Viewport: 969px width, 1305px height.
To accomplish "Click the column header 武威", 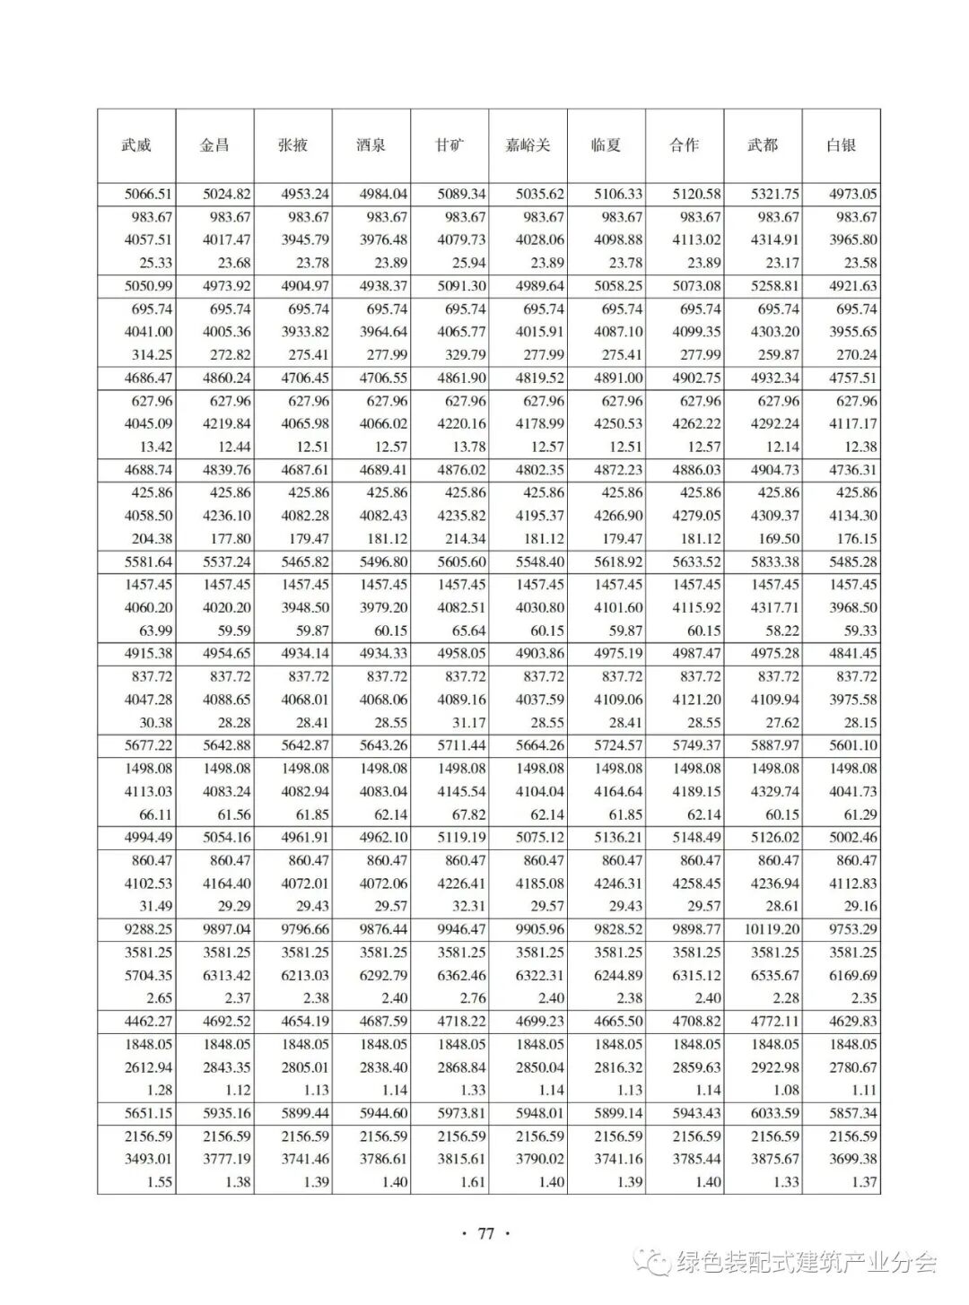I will (136, 145).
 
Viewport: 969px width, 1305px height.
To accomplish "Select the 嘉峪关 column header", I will (528, 145).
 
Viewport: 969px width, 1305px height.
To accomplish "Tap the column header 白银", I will (841, 145).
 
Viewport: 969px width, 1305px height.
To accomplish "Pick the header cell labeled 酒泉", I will (371, 145).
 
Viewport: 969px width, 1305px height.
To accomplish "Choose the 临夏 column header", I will (606, 145).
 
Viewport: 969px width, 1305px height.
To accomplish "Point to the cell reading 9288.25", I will (149, 930).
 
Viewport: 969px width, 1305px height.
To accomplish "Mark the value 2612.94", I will (149, 1067).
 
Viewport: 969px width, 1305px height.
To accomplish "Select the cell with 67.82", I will (467, 815).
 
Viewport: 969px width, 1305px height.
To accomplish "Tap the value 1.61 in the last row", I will (472, 1182).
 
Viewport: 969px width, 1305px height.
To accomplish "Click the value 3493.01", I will (149, 1160).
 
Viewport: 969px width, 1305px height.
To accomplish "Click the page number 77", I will (485, 1233).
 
